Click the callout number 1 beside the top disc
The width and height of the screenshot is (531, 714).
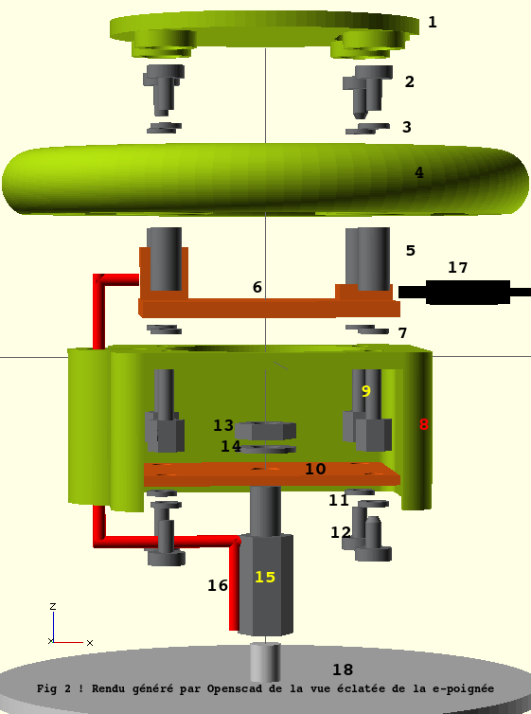point(433,22)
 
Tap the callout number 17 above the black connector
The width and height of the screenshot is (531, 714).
point(457,267)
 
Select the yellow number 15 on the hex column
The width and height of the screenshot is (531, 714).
point(265,577)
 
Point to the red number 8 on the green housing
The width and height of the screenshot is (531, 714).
point(424,424)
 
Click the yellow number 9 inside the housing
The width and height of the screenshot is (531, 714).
point(365,391)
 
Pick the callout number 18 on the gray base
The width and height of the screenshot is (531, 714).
point(343,669)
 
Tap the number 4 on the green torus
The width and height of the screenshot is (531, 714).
point(419,172)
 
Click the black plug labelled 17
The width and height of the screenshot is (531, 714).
point(464,292)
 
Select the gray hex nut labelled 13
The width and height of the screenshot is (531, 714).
point(265,430)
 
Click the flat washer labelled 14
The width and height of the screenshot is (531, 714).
point(268,450)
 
